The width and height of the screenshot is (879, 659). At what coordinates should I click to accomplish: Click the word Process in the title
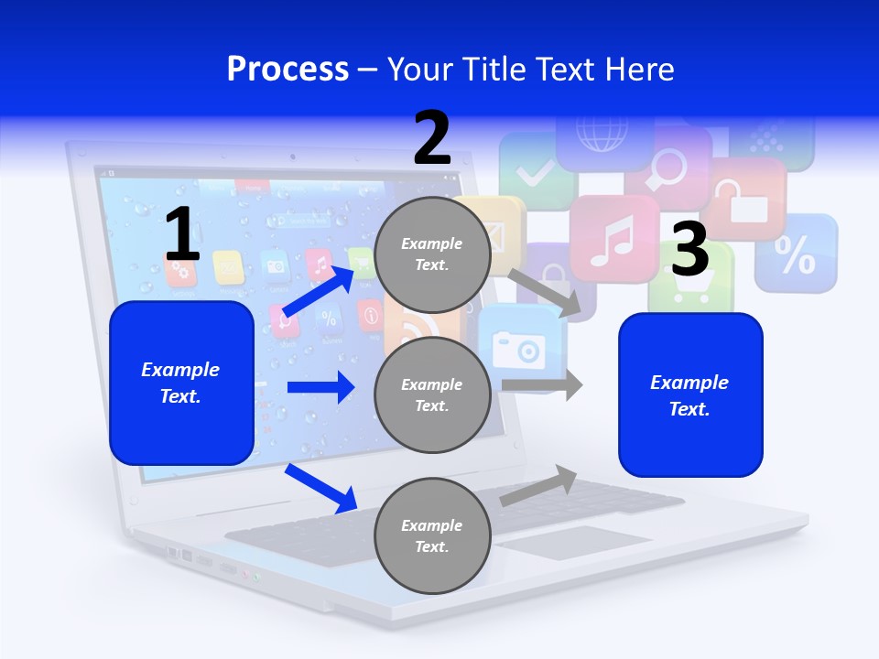point(288,69)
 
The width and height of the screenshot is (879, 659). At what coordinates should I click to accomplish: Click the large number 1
point(182,235)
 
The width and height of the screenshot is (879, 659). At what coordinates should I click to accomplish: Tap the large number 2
point(432,138)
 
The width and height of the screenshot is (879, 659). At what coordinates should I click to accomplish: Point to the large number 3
point(690,249)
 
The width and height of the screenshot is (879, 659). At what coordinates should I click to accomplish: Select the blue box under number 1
point(181,383)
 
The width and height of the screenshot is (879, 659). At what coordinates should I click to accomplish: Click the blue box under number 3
point(690,394)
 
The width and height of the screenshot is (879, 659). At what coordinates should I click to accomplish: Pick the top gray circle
point(432,254)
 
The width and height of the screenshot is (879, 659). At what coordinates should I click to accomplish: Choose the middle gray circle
point(432,394)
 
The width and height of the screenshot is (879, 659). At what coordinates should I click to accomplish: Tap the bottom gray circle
point(432,535)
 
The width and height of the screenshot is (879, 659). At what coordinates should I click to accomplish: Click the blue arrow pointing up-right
point(318,291)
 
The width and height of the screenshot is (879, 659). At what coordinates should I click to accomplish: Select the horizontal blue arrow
point(320,387)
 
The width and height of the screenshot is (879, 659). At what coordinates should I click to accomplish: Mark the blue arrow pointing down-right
point(321,488)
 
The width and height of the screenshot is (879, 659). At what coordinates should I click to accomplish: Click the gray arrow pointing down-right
point(546,292)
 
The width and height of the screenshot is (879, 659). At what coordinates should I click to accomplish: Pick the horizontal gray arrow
point(542,384)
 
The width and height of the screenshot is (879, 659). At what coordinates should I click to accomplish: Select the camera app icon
point(518,346)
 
